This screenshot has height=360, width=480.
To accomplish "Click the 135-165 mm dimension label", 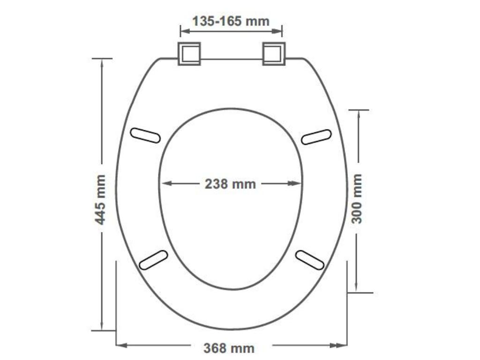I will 231,21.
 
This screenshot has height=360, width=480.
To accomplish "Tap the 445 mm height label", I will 100,199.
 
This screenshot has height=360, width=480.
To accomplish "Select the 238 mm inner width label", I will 230,184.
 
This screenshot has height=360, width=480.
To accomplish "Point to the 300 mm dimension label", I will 357,198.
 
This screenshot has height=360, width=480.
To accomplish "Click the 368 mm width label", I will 229,348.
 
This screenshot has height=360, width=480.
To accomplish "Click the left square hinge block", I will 189,54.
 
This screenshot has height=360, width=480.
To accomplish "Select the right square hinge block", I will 274,54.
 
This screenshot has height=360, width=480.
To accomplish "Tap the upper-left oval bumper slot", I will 145,135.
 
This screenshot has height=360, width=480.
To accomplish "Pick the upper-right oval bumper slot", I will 316,136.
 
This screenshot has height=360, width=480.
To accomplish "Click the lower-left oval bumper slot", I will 154,260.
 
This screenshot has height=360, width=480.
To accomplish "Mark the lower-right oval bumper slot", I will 310,260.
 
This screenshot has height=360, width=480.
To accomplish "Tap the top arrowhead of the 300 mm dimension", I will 358,115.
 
